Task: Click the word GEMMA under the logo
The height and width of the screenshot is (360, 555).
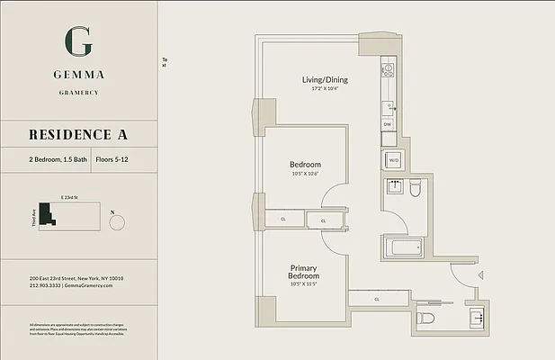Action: tap(78, 75)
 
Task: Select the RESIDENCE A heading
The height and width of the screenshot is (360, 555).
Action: tap(78, 135)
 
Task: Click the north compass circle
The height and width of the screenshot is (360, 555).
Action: tap(116, 222)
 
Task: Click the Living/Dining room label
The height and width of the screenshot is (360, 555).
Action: tap(325, 80)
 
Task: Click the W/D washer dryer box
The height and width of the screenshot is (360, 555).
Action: tap(393, 160)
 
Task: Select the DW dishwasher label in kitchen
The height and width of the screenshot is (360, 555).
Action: tap(388, 124)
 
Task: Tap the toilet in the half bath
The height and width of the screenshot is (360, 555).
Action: tap(427, 319)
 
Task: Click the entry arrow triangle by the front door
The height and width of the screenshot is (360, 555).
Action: tap(481, 274)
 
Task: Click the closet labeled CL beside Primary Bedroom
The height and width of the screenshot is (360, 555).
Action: tap(377, 299)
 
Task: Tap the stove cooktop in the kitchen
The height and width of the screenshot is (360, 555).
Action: tap(388, 67)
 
